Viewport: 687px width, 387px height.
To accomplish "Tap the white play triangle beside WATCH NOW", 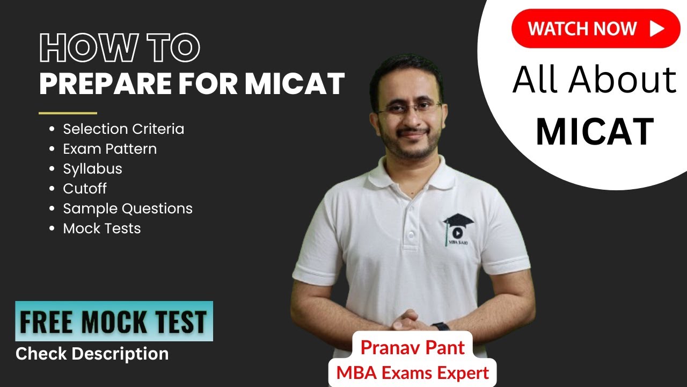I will [656, 28].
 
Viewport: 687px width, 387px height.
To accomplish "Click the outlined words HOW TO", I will [120, 48].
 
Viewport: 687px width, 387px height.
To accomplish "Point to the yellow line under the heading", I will [68, 113].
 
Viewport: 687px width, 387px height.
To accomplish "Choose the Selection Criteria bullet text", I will [123, 129].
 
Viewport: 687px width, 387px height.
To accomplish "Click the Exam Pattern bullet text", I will [110, 149].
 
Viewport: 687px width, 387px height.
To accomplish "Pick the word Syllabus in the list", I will [93, 169].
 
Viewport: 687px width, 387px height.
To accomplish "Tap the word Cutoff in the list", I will [85, 189].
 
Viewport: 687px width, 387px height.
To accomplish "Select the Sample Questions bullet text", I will [128, 209].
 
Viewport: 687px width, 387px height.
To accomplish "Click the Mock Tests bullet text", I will [102, 228].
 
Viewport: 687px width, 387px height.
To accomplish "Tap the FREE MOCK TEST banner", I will [114, 321].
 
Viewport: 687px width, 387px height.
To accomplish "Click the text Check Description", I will [92, 354].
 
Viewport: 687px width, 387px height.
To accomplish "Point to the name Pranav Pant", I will [412, 347].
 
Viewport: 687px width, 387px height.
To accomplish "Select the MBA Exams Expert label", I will [412, 372].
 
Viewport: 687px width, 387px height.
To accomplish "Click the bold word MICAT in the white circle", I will [595, 132].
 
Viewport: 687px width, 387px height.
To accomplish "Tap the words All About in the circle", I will [595, 81].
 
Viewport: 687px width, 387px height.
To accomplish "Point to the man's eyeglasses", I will [409, 107].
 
